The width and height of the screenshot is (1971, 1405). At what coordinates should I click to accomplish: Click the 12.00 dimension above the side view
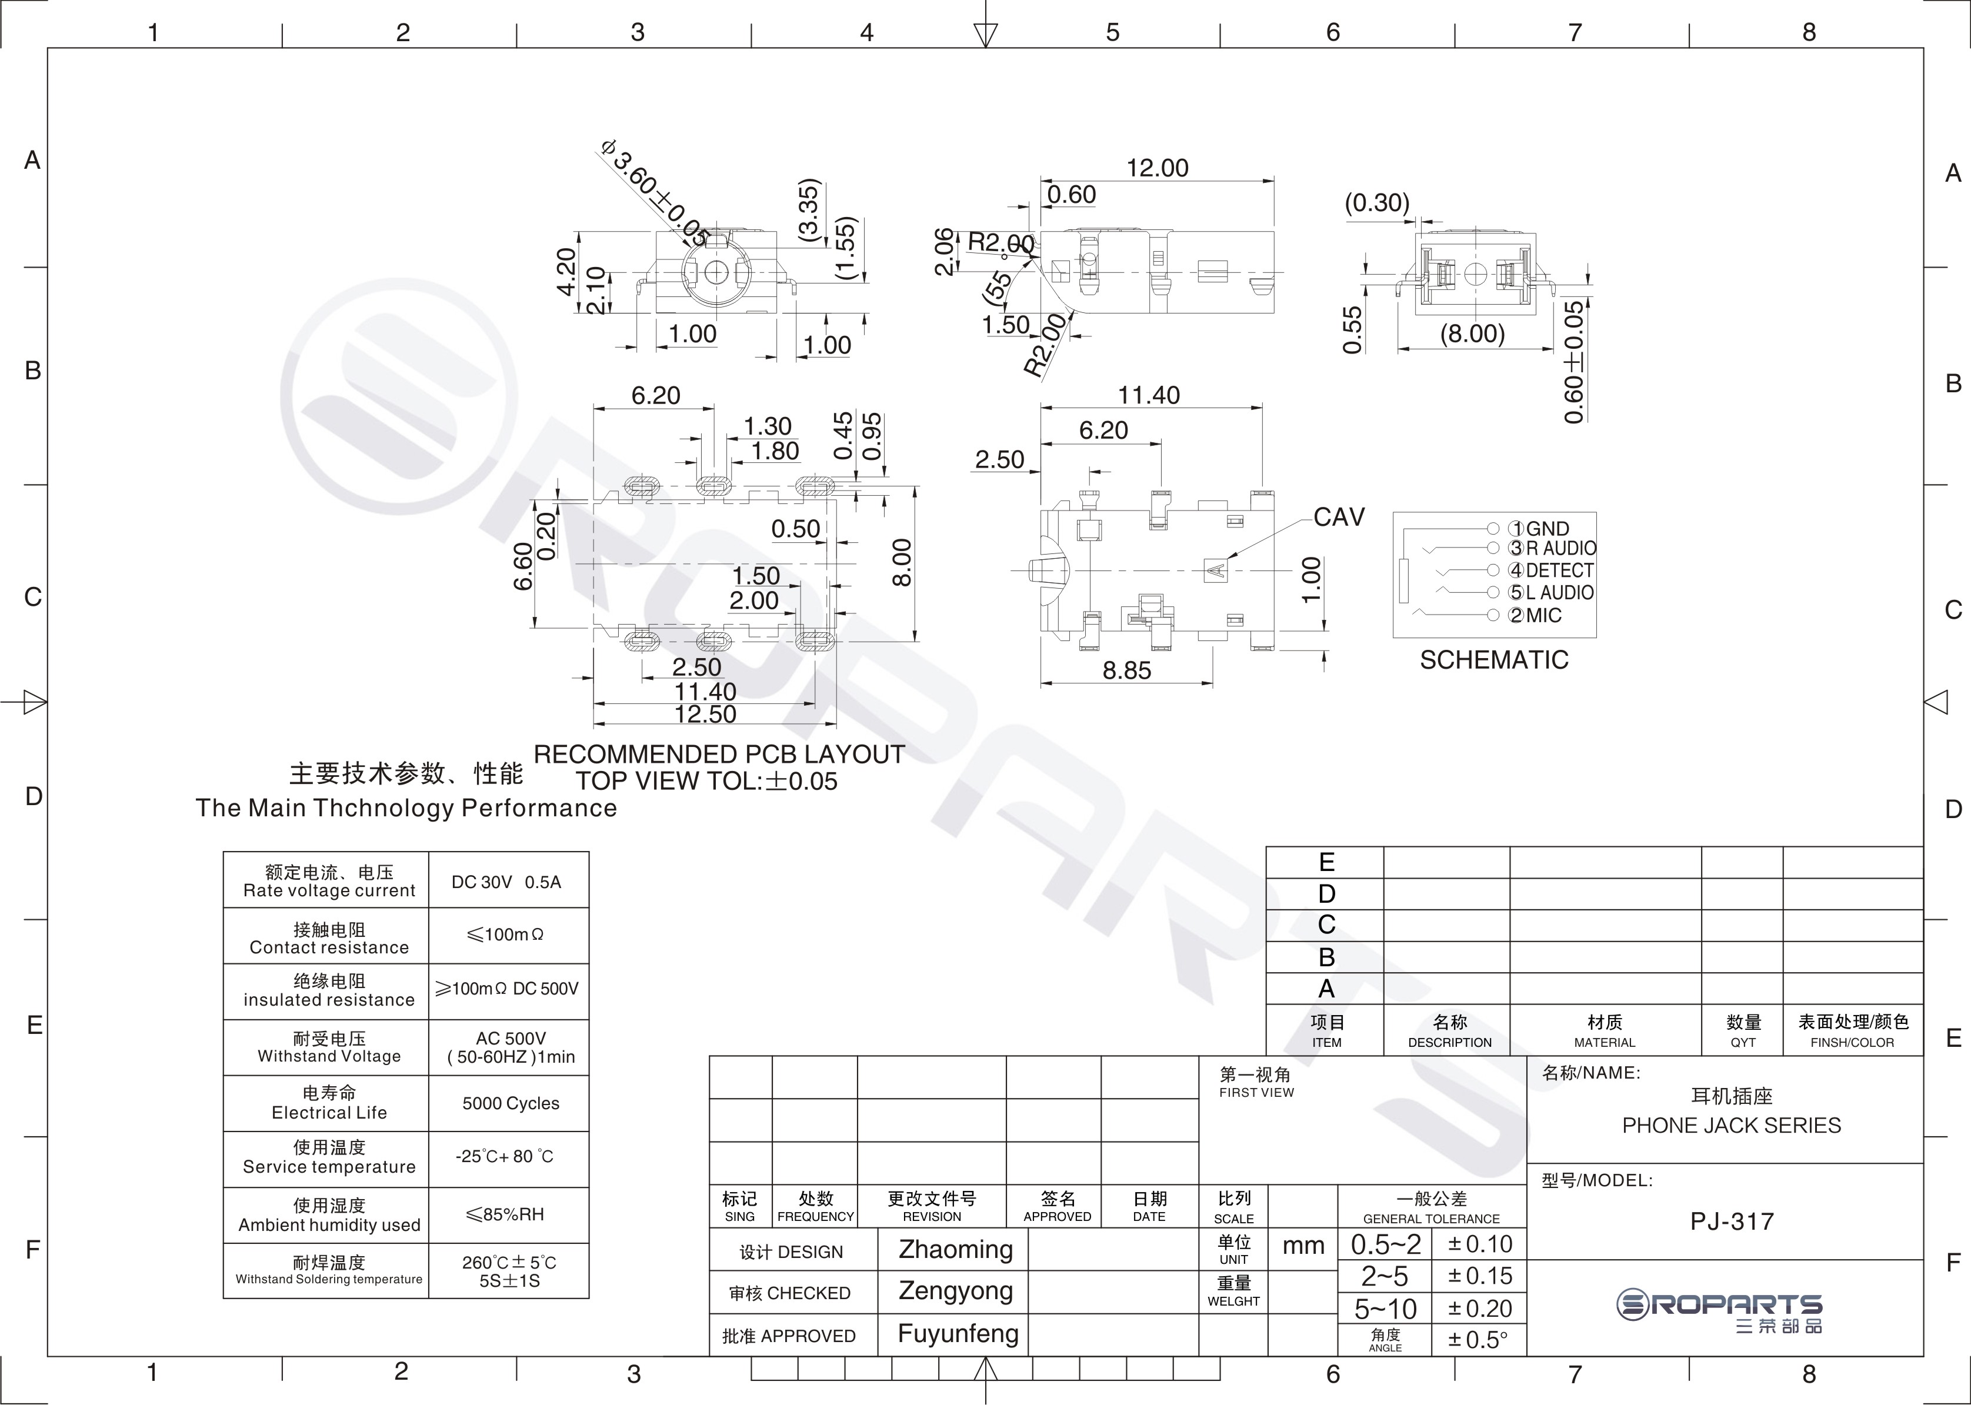1157,168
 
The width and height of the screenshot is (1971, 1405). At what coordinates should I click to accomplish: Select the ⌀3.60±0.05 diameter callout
655,191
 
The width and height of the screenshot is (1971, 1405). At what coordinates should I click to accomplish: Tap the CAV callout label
1339,518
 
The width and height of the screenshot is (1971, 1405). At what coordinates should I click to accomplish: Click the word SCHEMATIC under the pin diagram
1494,660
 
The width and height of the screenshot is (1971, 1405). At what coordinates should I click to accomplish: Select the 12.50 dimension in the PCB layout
705,714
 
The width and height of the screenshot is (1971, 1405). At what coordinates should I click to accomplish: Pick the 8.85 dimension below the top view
1126,670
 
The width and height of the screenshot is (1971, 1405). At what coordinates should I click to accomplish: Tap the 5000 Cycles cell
511,1103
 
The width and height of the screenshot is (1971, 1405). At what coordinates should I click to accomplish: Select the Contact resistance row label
329,947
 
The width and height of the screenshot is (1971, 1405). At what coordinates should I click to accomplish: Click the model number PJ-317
1732,1222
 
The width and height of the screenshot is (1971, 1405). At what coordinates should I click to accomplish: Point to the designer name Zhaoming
955,1249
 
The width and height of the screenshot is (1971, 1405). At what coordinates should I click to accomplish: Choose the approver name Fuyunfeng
958,1334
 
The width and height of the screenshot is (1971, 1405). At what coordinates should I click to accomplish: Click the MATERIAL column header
1605,1043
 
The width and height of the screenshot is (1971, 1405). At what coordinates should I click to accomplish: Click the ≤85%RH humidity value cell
505,1214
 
